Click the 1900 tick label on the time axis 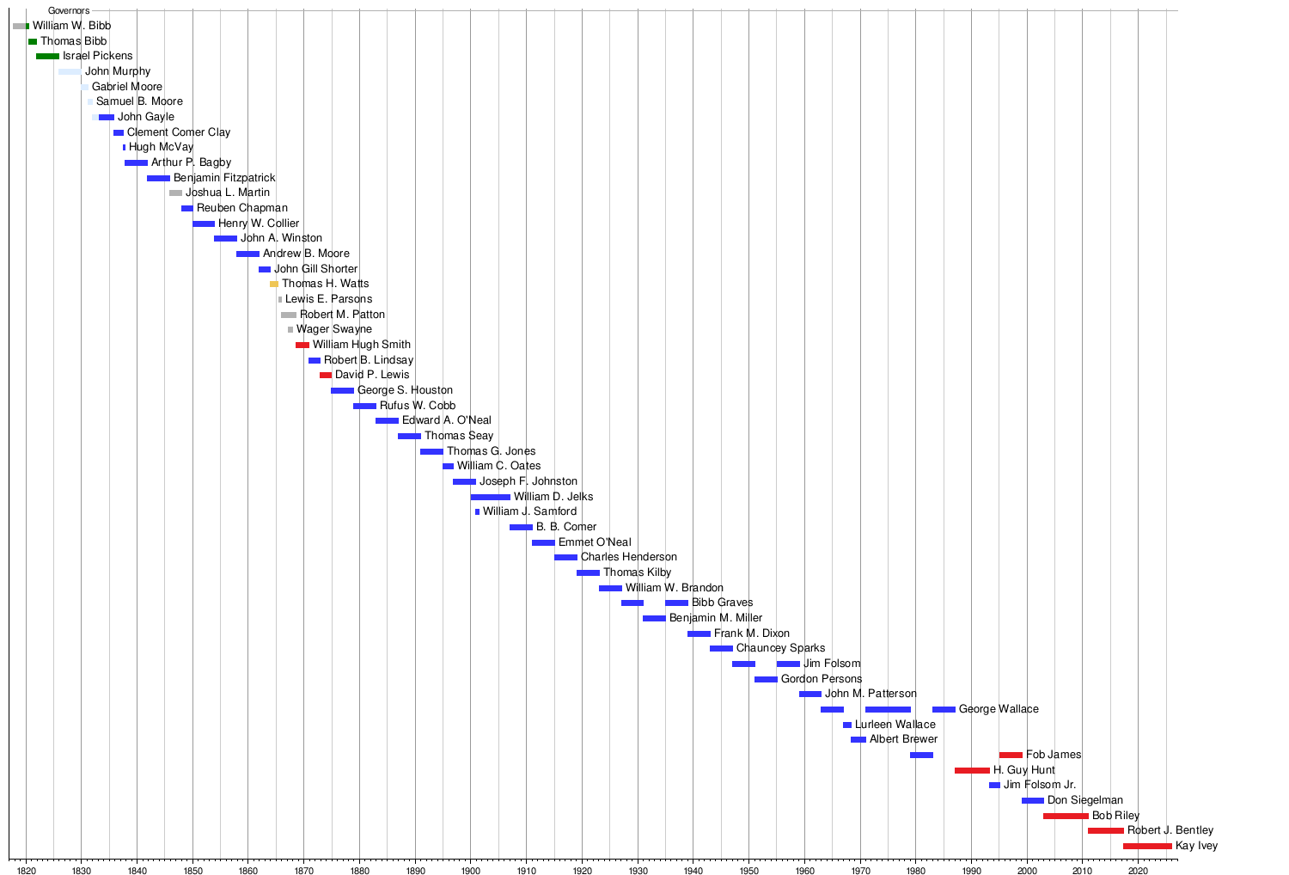(470, 871)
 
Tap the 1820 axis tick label (26, 871)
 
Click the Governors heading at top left (69, 11)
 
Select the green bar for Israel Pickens (47, 57)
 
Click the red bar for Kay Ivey (1146, 847)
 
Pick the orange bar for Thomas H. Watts (274, 284)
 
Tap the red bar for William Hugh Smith (302, 345)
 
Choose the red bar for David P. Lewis (325, 376)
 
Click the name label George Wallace (999, 709)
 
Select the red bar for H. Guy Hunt (972, 771)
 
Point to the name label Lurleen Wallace (895, 725)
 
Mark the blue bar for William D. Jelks (490, 497)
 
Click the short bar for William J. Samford (478, 512)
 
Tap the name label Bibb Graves (722, 603)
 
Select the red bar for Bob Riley (1066, 816)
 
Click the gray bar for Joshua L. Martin (175, 193)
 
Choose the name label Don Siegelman (1084, 800)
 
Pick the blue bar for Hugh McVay (124, 148)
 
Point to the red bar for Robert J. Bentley (1105, 831)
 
